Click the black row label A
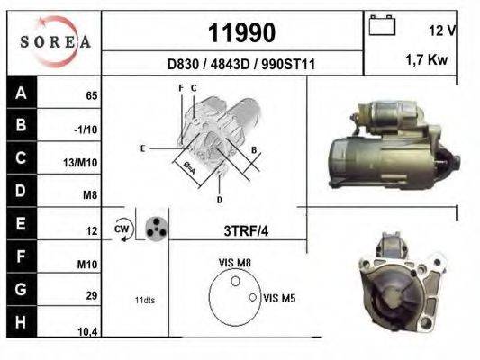20,93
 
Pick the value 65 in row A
91,95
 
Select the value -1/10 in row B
86,130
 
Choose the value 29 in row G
91,296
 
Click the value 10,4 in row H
87,331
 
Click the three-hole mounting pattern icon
157,228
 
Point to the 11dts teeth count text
145,300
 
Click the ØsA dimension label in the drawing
190,166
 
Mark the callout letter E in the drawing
142,147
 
